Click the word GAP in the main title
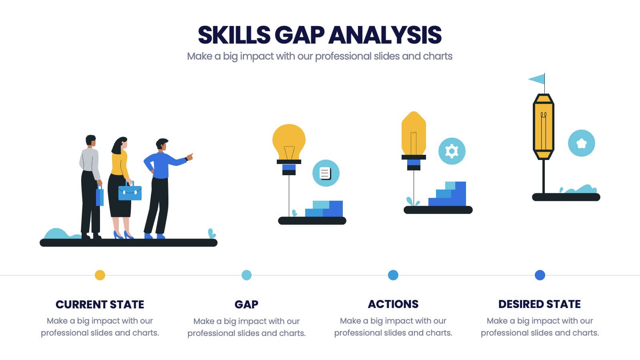(x=300, y=35)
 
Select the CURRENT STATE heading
(x=100, y=304)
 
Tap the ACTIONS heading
(x=393, y=304)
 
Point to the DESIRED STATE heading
(x=540, y=304)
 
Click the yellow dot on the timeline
(x=100, y=275)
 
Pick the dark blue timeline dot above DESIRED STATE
(x=540, y=275)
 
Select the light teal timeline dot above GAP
(x=246, y=275)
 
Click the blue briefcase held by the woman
(x=130, y=192)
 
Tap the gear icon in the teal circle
(x=452, y=151)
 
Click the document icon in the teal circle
(x=325, y=174)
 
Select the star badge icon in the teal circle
(x=582, y=143)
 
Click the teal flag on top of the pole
(x=536, y=79)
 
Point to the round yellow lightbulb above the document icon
(x=289, y=142)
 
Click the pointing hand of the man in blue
(x=190, y=156)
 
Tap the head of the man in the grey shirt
(x=90, y=140)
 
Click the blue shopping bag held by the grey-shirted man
(x=100, y=196)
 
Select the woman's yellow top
(x=120, y=165)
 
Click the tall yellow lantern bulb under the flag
(x=544, y=126)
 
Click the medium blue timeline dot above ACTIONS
(x=393, y=275)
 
